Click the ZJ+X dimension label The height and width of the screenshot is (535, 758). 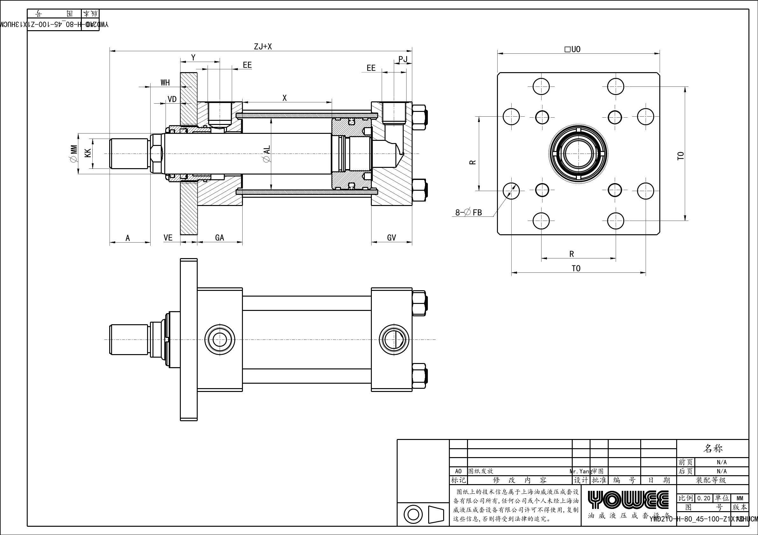tap(263, 46)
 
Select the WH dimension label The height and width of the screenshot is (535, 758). tap(165, 82)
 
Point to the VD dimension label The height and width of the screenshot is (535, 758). tap(172, 99)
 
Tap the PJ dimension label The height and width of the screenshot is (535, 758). tap(403, 59)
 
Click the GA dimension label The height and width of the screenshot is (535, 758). tap(220, 238)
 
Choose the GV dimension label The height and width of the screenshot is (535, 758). tap(392, 238)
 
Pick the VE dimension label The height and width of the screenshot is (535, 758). tap(168, 238)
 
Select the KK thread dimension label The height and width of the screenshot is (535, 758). tap(88, 153)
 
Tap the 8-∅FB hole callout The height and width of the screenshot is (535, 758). tap(469, 213)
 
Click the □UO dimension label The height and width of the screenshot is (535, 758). tap(572, 50)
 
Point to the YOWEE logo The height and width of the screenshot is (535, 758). tap(628, 500)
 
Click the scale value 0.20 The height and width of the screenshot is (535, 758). tap(704, 498)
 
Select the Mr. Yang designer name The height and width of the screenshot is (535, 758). tap(580, 471)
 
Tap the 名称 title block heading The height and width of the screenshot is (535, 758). tap(713, 449)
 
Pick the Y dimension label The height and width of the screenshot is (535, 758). tap(194, 58)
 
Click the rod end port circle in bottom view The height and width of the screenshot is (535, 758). tap(220, 339)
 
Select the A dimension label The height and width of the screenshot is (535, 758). tap(128, 238)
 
